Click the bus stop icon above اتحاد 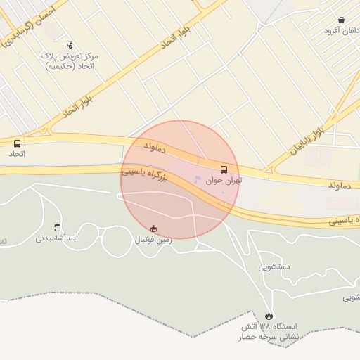(x=17, y=143)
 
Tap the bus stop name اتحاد (x=17, y=153)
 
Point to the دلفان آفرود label (x=342, y=30)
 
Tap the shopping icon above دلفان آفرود (x=341, y=20)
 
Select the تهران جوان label (x=224, y=180)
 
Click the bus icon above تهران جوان (x=224, y=169)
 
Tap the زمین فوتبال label (x=153, y=240)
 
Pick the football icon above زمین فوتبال (x=153, y=229)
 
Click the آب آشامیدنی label (x=57, y=238)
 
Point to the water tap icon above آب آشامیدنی (x=57, y=227)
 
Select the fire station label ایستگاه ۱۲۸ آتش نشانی (x=269, y=332)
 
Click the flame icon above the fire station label (x=269, y=316)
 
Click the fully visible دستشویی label (x=274, y=266)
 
